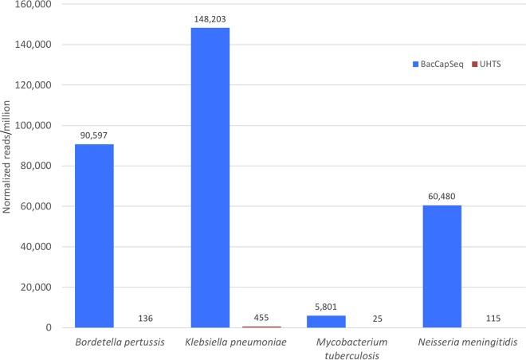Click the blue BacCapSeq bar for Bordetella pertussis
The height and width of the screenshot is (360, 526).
tap(95, 236)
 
